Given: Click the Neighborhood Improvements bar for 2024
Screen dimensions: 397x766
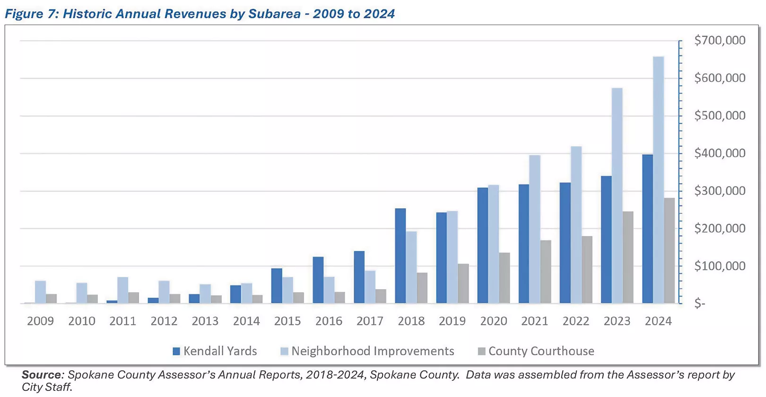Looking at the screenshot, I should (658, 180).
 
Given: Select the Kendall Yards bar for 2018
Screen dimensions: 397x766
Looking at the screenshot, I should (400, 256).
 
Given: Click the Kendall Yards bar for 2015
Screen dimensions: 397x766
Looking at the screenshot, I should (277, 286).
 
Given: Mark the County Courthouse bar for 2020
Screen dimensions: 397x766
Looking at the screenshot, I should (504, 278).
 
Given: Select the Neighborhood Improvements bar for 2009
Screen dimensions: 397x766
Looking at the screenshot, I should (41, 292).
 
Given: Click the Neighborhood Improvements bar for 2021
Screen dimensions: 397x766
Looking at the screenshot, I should (534, 229).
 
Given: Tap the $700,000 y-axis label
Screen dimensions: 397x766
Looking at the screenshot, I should (719, 40).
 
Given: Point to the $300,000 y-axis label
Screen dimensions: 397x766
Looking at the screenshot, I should (719, 191).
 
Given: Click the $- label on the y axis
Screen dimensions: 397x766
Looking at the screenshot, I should (700, 304).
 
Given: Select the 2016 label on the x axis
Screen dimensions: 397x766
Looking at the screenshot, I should (329, 321).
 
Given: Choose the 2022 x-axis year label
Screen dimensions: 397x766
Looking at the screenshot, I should (575, 321).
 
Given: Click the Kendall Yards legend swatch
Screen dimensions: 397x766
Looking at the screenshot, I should (176, 351).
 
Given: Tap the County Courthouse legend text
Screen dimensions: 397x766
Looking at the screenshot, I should (541, 351).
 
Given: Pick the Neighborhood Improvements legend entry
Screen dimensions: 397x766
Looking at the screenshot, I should (372, 351).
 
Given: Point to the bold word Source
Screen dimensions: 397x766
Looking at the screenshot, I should (42, 375).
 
